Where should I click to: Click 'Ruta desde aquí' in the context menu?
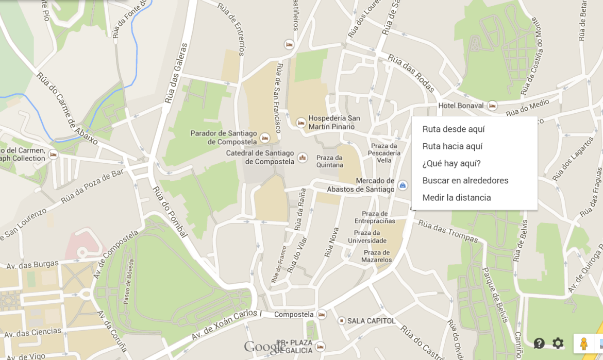[454, 129]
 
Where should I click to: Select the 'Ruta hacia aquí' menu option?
[453, 146]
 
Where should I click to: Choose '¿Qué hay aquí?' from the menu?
[451, 163]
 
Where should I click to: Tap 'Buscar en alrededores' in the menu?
[465, 180]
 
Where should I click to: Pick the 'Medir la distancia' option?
[457, 197]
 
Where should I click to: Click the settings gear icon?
[558, 343]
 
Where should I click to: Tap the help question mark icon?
[539, 343]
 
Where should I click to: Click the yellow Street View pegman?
[584, 344]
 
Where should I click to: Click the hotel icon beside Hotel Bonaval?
[492, 106]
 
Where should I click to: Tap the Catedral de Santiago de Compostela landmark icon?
[303, 157]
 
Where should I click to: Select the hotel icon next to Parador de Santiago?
[265, 138]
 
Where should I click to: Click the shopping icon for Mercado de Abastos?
[403, 185]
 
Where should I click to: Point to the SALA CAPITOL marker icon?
[341, 321]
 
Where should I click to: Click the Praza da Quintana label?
[330, 161]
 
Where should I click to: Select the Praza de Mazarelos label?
[376, 256]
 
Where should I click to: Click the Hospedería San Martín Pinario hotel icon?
[301, 123]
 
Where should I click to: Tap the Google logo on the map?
[263, 347]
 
